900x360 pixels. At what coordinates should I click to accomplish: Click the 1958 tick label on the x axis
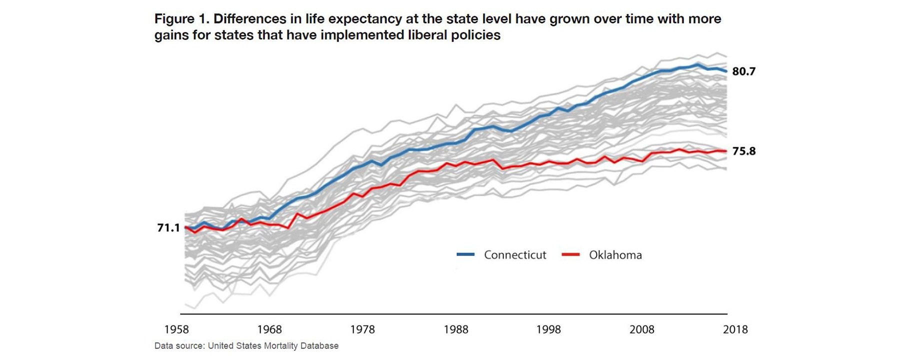[176, 329]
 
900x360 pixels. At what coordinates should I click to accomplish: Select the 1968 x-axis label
[269, 329]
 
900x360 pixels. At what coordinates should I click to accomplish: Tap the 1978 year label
[362, 329]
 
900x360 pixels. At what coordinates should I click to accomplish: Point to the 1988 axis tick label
[456, 329]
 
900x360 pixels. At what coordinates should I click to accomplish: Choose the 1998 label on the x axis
[548, 329]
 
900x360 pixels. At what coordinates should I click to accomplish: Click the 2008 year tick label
[642, 329]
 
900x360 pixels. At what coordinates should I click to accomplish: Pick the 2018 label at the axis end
[735, 329]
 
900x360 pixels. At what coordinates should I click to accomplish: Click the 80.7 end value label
[744, 71]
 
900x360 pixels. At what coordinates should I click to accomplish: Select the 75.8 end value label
[744, 151]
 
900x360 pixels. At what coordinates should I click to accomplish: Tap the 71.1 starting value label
[168, 228]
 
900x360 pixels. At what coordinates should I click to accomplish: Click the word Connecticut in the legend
[515, 255]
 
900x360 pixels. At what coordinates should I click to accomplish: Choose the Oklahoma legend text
[615, 255]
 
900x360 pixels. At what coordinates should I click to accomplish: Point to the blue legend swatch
[465, 254]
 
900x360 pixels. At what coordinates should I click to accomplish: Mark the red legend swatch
[570, 254]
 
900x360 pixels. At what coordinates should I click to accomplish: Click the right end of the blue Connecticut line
[726, 71]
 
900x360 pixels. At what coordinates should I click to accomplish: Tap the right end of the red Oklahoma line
[726, 151]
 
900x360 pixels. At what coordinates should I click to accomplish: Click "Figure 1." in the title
[182, 19]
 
